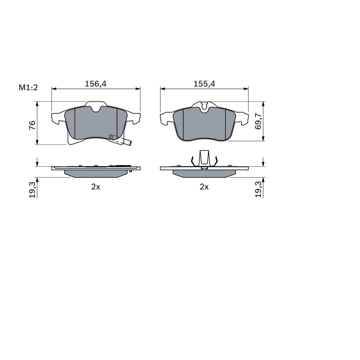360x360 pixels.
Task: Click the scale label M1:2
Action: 28,87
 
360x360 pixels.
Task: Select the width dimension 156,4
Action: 96,84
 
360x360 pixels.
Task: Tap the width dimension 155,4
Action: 204,84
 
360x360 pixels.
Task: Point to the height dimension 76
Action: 32,125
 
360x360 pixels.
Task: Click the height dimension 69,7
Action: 258,121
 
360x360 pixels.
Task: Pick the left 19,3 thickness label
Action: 32,189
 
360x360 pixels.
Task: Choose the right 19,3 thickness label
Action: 258,189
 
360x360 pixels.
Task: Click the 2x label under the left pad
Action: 96,187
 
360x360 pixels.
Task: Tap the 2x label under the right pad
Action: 204,187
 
